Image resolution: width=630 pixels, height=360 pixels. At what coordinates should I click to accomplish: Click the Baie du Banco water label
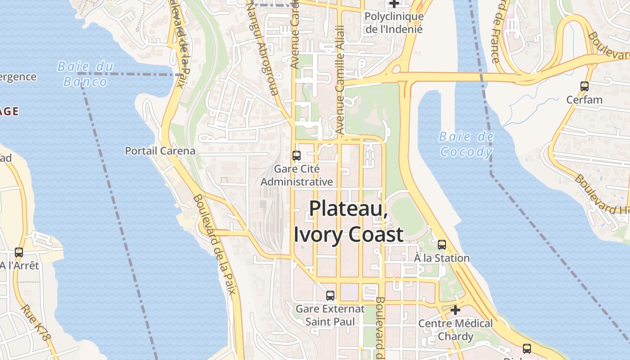pos(85,74)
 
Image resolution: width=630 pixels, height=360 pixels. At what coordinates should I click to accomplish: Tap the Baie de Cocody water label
pos(466,144)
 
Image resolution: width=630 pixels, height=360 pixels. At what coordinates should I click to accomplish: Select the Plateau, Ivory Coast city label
pos(348,222)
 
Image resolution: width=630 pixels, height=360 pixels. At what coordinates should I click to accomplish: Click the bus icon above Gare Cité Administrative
pos(297,156)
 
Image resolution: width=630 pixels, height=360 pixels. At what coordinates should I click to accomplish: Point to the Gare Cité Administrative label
pos(297,175)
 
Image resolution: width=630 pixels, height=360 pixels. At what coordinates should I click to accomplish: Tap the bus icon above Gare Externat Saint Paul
pos(330,296)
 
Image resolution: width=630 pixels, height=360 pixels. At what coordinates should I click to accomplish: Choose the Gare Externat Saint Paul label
pos(330,315)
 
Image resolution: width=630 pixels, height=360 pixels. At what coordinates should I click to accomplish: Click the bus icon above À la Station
pos(442,245)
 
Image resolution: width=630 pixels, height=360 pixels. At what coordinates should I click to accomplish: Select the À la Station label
pos(442,258)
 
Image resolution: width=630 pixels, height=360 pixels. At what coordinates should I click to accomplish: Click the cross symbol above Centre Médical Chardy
pos(455,310)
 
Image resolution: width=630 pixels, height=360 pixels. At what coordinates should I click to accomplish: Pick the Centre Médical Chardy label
pos(455,329)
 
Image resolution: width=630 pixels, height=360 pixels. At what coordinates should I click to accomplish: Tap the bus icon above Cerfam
pos(585,86)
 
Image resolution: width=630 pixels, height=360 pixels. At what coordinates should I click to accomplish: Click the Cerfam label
pos(585,99)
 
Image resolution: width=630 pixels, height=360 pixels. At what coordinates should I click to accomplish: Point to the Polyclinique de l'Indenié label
pos(394,23)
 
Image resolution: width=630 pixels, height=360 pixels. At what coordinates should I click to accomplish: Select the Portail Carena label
pos(160,151)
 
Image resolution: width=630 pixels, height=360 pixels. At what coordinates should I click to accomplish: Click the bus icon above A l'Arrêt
pos(19,252)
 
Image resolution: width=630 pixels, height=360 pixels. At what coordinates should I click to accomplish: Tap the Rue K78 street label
pos(36,323)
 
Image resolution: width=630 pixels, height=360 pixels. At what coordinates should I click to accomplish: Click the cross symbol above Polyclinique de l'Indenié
pos(394,4)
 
